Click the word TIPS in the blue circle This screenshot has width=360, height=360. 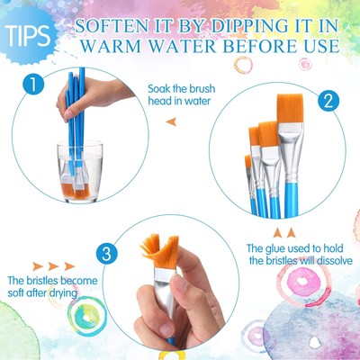coord(26,33)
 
